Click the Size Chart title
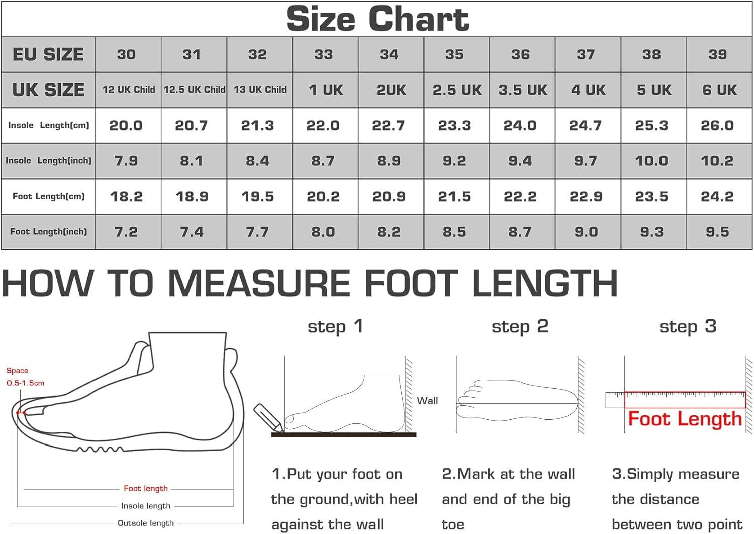pyautogui.click(x=378, y=19)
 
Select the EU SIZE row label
pyautogui.click(x=48, y=54)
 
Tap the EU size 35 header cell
pyautogui.click(x=454, y=54)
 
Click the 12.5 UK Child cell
pyautogui.click(x=194, y=90)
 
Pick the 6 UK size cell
pyautogui.click(x=719, y=90)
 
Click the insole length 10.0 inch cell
pyautogui.click(x=651, y=161)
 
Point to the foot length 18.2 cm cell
pyautogui.click(x=126, y=196)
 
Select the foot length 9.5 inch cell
pyautogui.click(x=717, y=232)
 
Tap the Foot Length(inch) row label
pyautogui.click(x=48, y=232)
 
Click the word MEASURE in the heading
pyautogui.click(x=259, y=283)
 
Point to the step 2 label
pyautogui.click(x=520, y=326)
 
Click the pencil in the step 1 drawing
pyautogui.click(x=268, y=418)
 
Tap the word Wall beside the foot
pyautogui.click(x=427, y=401)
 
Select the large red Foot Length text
pyautogui.click(x=685, y=419)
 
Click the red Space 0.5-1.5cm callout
pyautogui.click(x=25, y=377)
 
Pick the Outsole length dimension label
pyautogui.click(x=146, y=523)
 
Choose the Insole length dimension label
pyautogui.click(x=146, y=506)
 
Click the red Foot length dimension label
pyautogui.click(x=146, y=488)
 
